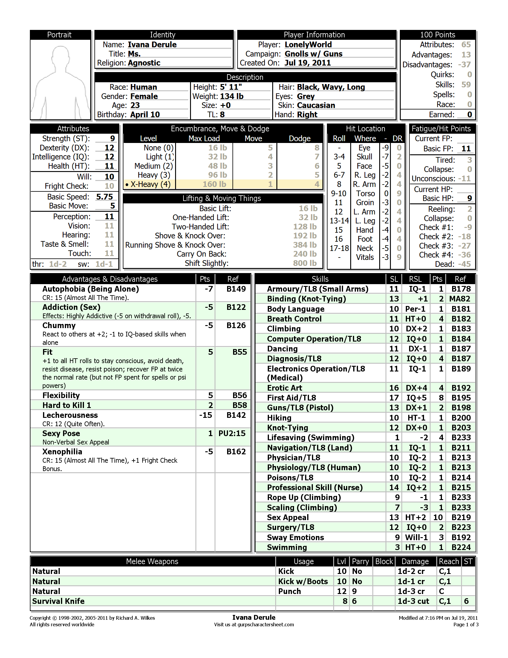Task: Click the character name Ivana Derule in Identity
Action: click(x=152, y=45)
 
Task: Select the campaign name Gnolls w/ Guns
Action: click(x=313, y=54)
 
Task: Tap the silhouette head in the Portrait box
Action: click(x=60, y=56)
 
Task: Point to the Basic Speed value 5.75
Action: click(x=104, y=197)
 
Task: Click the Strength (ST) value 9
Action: click(x=112, y=138)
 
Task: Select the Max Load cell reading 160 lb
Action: click(x=214, y=184)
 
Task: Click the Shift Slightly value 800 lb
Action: click(x=305, y=263)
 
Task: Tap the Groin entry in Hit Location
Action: click(x=365, y=202)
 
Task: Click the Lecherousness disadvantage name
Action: click(x=70, y=415)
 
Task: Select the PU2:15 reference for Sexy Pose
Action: click(x=232, y=433)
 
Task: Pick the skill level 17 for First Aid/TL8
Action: click(x=394, y=398)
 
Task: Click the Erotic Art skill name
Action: click(x=284, y=388)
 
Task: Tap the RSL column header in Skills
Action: click(x=415, y=279)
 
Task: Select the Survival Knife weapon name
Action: click(x=58, y=601)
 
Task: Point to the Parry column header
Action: click(x=360, y=561)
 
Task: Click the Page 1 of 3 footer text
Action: click(x=466, y=625)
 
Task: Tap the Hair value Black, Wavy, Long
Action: click(x=331, y=87)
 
